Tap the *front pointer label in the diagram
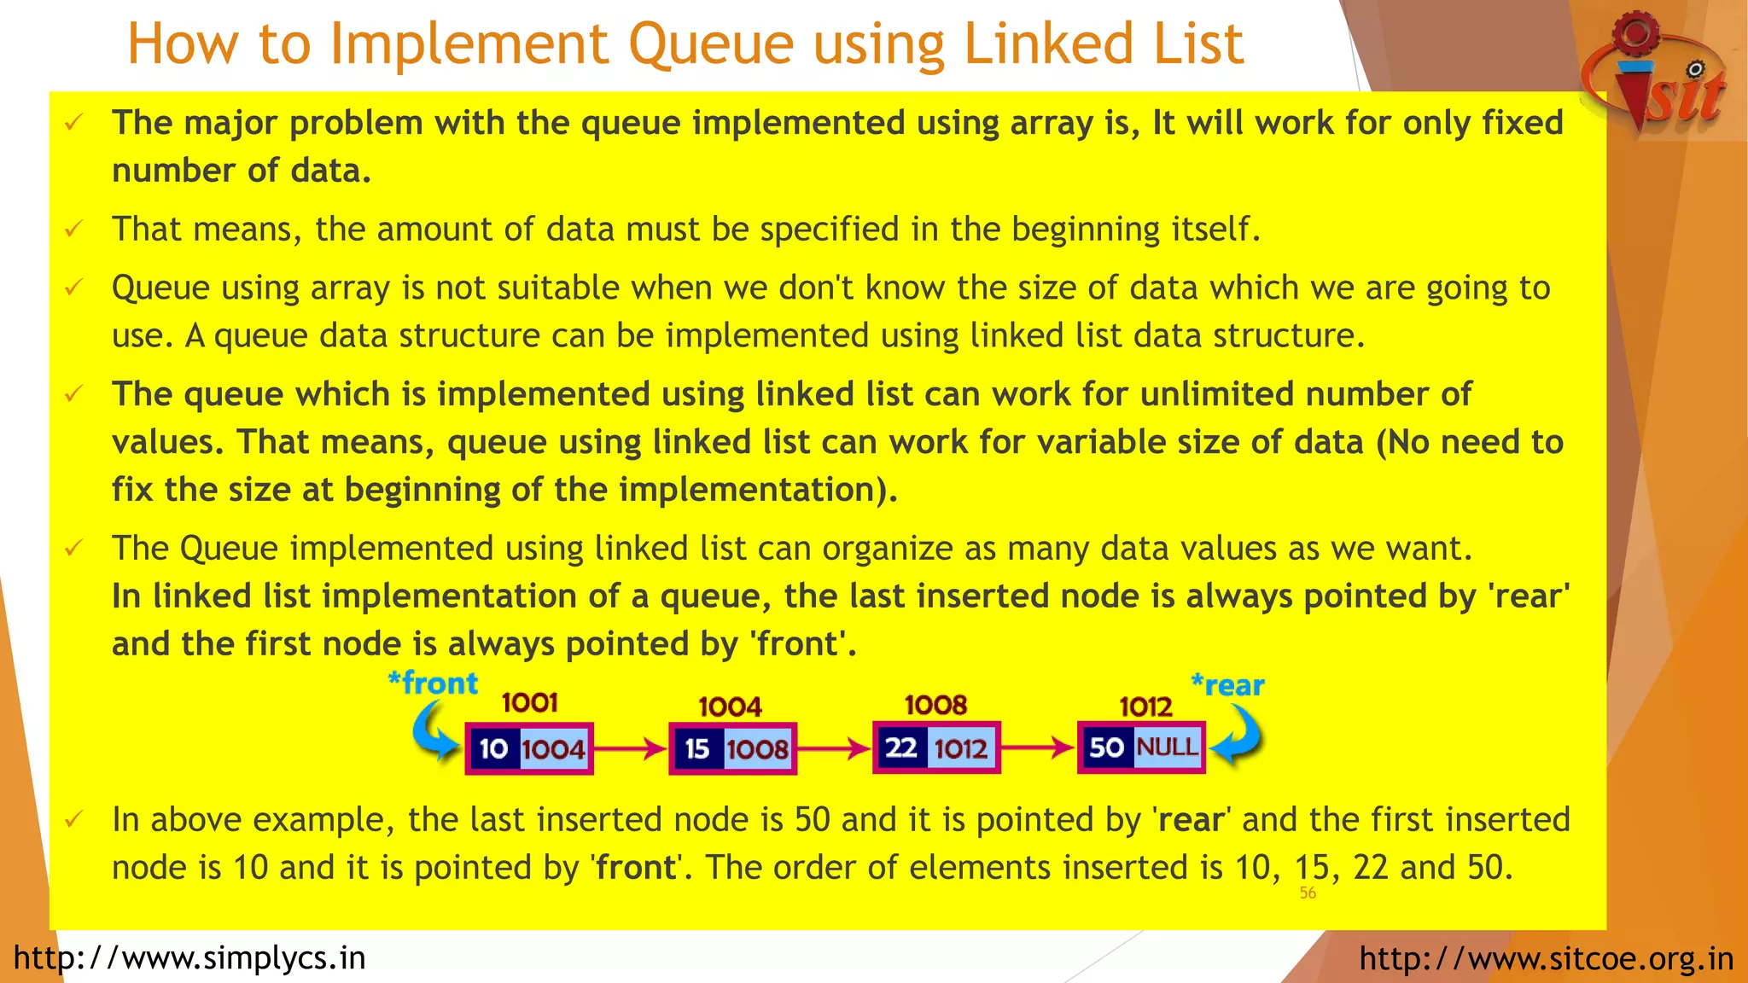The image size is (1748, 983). click(433, 683)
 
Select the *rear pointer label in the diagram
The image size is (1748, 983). click(1227, 685)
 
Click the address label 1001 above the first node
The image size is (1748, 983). click(529, 703)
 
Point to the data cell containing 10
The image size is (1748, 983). click(493, 749)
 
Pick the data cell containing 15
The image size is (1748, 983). click(697, 749)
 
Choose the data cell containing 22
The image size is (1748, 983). click(900, 748)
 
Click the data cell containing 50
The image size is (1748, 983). click(1106, 748)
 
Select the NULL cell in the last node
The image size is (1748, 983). click(1168, 747)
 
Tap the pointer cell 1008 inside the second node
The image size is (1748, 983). click(758, 749)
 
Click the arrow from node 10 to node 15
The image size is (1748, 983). click(630, 749)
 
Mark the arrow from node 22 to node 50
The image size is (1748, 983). click(1037, 748)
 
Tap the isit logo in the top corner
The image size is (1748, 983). click(1656, 77)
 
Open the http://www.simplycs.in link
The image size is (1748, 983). click(189, 958)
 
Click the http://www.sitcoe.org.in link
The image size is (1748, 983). click(1546, 958)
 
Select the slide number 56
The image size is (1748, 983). click(1308, 893)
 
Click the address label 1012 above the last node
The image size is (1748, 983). click(1145, 707)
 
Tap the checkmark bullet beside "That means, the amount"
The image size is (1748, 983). click(74, 229)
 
